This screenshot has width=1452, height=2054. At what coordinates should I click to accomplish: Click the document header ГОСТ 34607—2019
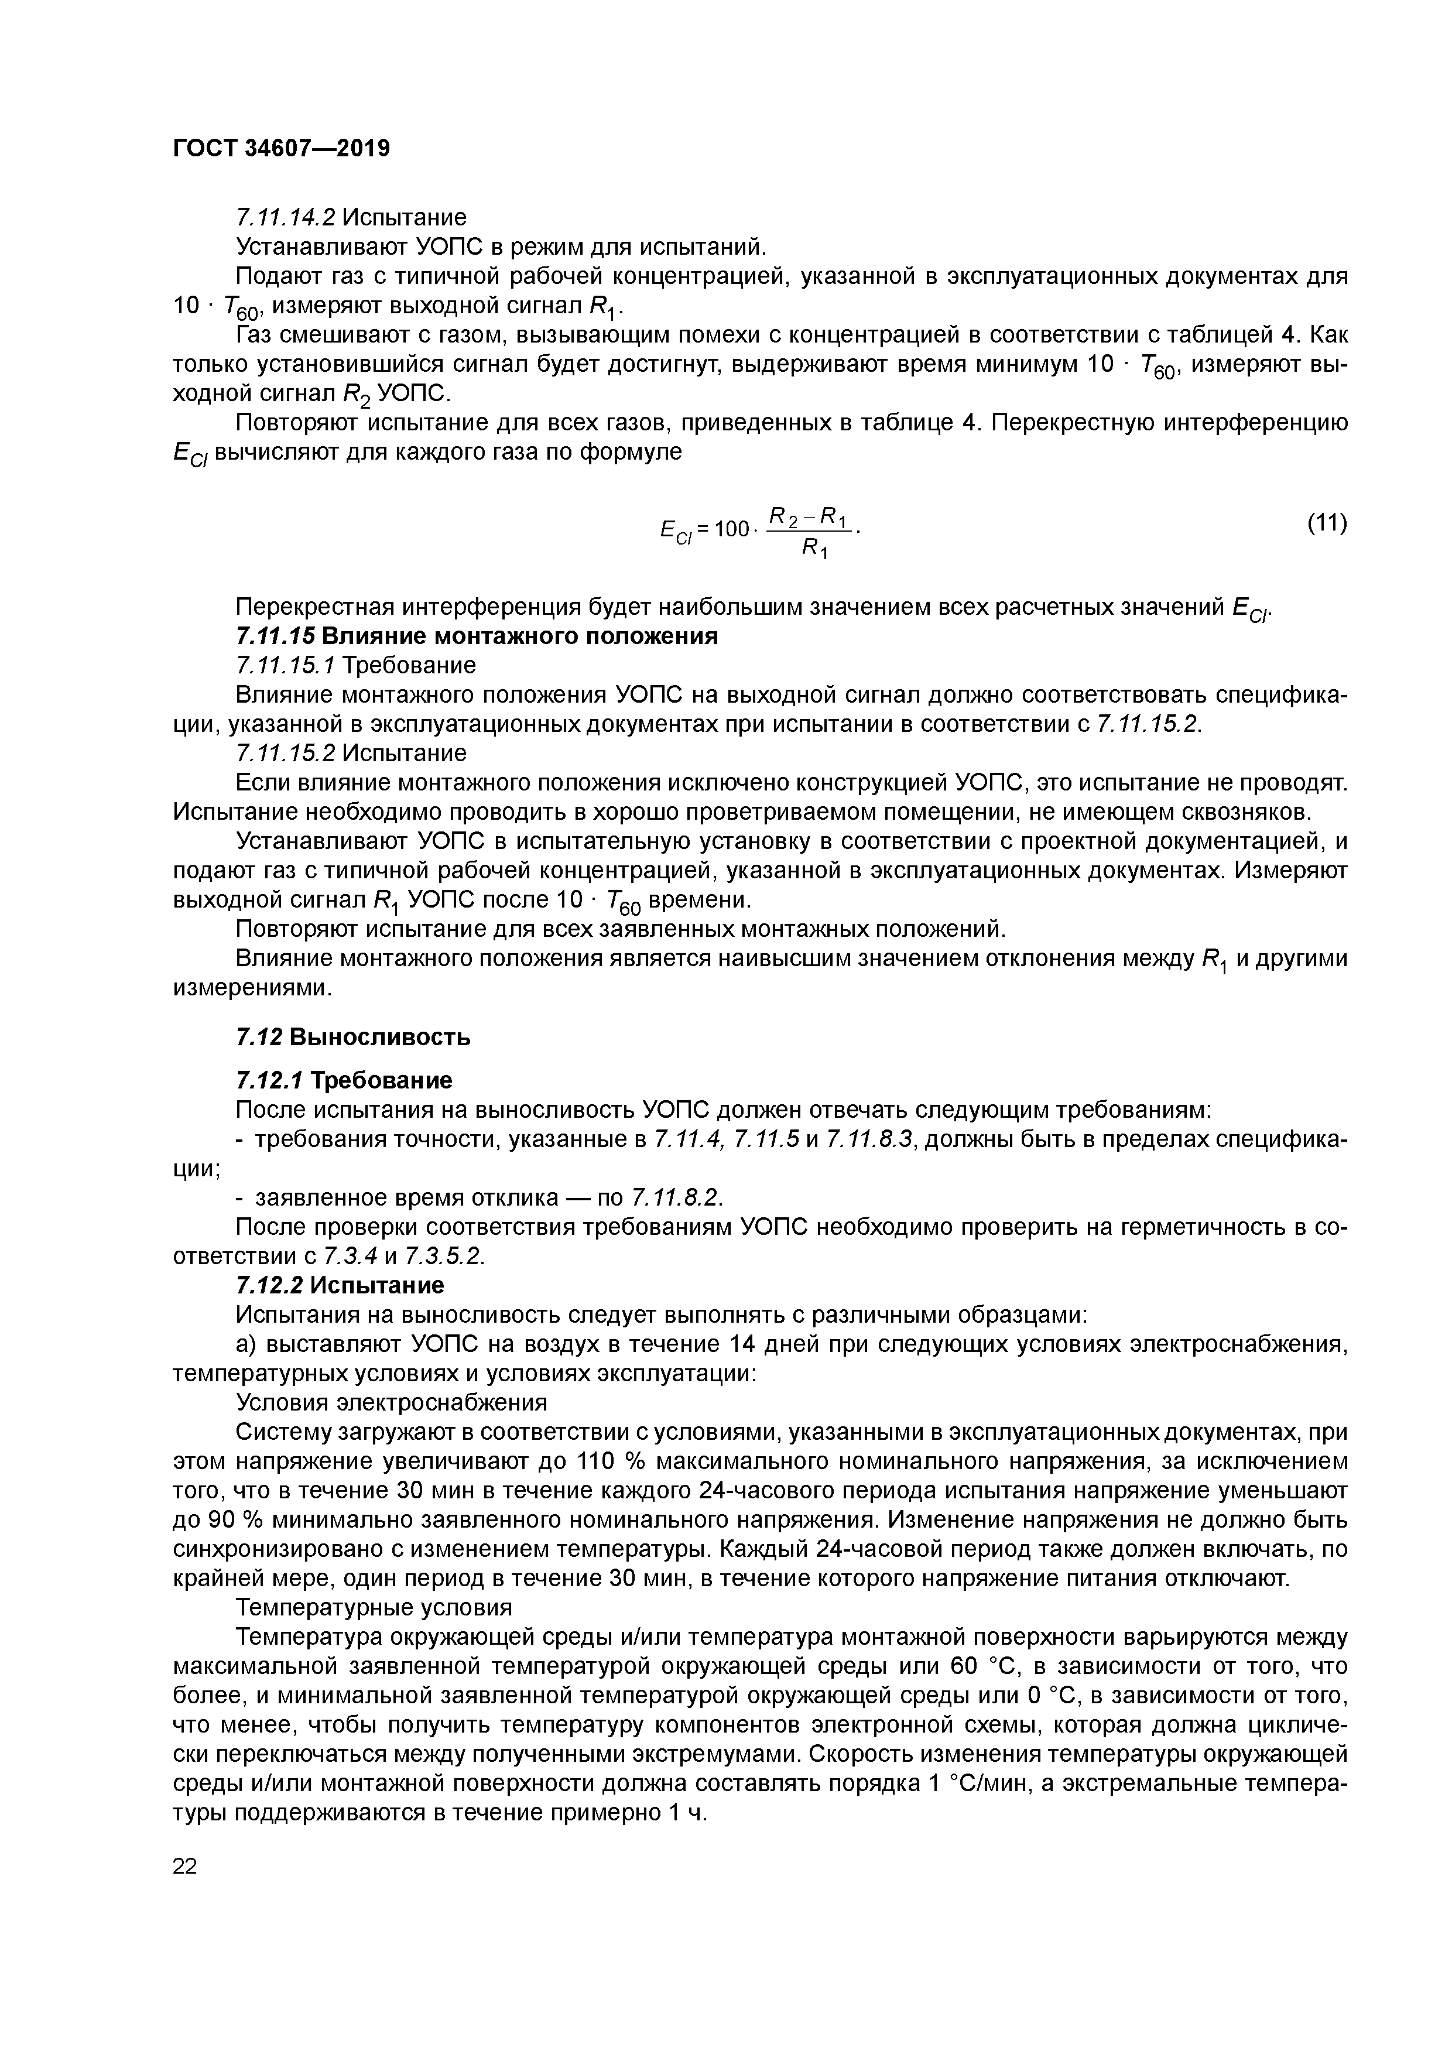pos(281,148)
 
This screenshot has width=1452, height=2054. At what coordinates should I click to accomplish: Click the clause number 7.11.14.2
pos(285,217)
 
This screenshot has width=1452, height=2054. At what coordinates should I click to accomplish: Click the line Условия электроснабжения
pos(391,1402)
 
